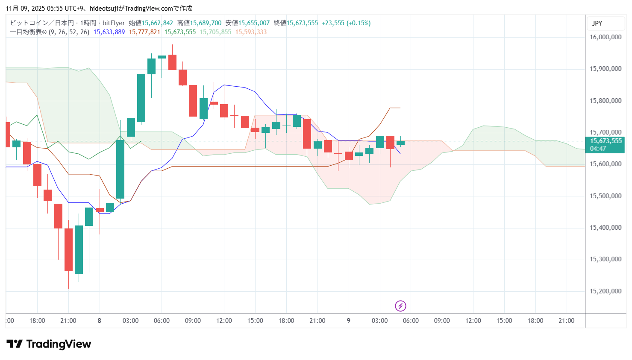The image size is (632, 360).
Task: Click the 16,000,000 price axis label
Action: click(605, 37)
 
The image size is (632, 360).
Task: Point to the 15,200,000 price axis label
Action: click(605, 291)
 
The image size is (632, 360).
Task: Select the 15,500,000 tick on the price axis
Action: click(605, 196)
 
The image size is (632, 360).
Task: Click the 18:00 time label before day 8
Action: click(37, 321)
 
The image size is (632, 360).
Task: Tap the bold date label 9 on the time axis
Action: click(348, 321)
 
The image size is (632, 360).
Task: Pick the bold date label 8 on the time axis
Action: click(100, 321)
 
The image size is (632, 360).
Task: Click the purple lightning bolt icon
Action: click(400, 306)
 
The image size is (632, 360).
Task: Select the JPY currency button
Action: click(597, 23)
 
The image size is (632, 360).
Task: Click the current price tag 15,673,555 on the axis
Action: click(606, 141)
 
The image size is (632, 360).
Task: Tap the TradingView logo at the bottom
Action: click(49, 344)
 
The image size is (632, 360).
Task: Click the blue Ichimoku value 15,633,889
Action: click(109, 32)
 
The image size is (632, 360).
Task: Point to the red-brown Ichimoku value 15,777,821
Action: click(144, 32)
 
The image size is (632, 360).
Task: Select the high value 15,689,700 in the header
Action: click(206, 23)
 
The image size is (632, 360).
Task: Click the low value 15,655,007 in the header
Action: click(254, 23)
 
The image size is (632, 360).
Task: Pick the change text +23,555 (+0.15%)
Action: click(346, 23)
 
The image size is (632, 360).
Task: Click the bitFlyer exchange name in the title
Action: click(114, 23)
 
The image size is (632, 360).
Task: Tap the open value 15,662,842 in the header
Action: click(157, 23)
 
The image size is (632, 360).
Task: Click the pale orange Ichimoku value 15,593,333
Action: click(251, 32)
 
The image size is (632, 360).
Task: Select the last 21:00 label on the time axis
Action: click(566, 321)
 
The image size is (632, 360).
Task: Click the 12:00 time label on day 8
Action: click(224, 321)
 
